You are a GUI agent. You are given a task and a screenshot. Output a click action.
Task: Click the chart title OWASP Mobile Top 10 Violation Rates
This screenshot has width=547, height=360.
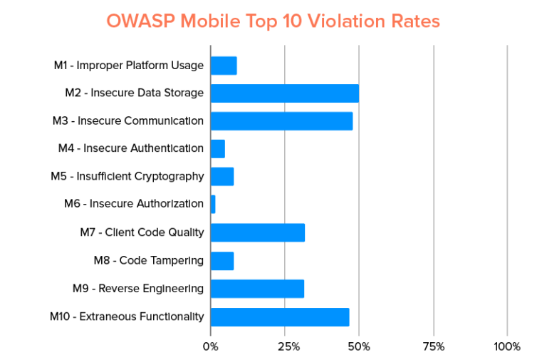pos(273,21)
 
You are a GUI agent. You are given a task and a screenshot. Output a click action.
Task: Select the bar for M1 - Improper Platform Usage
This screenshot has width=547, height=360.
pos(224,66)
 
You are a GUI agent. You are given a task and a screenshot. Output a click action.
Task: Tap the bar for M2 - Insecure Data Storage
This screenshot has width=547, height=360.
pos(284,93)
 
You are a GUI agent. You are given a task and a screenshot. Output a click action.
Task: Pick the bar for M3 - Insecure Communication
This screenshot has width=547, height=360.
pos(281,121)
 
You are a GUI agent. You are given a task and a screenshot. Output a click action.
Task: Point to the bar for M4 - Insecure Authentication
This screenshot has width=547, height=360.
pos(218,149)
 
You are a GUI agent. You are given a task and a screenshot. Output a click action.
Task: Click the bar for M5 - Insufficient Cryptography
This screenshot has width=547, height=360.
pos(222,177)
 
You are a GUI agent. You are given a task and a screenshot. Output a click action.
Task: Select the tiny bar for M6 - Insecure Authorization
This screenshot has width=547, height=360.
pos(213,205)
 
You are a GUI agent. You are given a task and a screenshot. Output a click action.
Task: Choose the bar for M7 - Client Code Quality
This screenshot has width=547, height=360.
pos(258,232)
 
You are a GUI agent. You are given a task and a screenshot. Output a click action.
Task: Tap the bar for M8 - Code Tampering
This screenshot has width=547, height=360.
pos(222,261)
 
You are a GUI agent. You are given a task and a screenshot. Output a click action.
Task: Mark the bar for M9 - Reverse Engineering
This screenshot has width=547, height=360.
pos(257,289)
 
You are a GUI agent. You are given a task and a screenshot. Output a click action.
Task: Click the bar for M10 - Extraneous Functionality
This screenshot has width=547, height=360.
pos(280,317)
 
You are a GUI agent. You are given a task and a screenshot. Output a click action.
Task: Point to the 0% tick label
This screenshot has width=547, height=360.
pos(211,346)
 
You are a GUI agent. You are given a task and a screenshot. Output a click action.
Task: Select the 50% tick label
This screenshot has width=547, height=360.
pos(359,346)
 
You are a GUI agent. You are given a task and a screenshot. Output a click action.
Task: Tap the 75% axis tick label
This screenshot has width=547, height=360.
pos(433,346)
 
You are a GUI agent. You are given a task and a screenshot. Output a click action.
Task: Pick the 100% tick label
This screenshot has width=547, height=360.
pos(507,346)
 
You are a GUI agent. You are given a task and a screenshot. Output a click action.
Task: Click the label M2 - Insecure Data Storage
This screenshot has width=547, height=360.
pos(135,93)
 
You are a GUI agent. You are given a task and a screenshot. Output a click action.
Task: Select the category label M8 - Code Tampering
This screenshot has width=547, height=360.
pos(149,261)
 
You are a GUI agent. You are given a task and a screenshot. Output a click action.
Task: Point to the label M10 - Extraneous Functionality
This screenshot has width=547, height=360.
pos(127,317)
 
